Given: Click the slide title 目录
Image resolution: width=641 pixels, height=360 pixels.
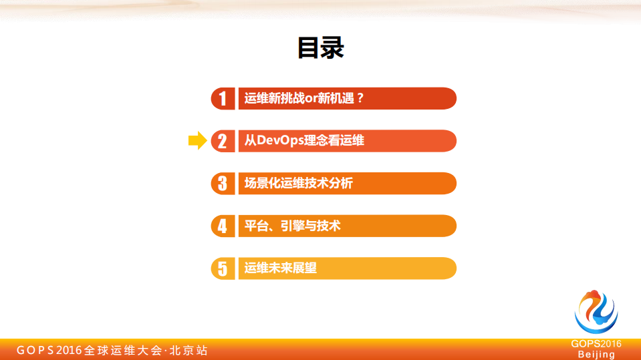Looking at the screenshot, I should (x=320, y=47).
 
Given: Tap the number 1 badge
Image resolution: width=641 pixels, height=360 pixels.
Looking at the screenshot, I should (x=223, y=98).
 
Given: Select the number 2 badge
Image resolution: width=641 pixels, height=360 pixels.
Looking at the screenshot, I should (x=223, y=141).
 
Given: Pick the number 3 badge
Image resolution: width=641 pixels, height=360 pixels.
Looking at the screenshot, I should (x=223, y=184).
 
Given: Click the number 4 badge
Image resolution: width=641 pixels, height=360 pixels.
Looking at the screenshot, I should (x=223, y=226).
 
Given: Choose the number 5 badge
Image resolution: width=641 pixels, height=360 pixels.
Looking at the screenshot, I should (x=223, y=268).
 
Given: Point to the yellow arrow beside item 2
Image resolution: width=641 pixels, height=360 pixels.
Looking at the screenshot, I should (x=197, y=140).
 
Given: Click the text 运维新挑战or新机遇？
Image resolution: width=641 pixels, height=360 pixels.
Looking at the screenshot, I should (x=304, y=98).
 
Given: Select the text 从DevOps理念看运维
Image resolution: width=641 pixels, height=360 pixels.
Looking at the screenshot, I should (x=304, y=141).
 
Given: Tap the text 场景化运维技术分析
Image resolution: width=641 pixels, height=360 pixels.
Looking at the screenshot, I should (x=298, y=183).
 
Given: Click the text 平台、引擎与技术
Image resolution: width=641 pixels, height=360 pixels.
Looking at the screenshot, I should (x=292, y=226).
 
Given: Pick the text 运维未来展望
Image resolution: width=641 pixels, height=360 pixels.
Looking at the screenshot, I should (x=280, y=268).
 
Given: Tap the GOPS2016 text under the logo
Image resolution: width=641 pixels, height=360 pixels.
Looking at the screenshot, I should (x=596, y=344).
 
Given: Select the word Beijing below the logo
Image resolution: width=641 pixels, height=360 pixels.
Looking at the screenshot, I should (x=596, y=354).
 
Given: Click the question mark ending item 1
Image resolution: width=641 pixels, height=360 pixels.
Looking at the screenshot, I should (x=359, y=98).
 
